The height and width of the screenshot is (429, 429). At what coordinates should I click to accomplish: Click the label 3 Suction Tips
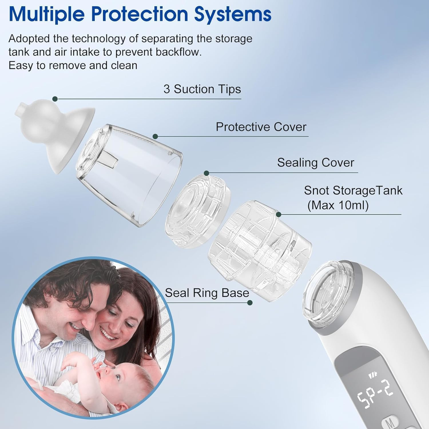[x=202, y=89]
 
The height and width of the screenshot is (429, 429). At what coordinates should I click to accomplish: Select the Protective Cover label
[x=261, y=127]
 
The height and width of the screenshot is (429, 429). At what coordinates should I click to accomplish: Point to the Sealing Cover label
[x=315, y=163]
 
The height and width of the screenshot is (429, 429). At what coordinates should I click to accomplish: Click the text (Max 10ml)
[x=338, y=205]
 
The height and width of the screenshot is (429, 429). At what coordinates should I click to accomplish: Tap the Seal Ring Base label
[x=207, y=293]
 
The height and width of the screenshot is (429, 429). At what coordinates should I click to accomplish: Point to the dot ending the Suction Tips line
[x=55, y=99]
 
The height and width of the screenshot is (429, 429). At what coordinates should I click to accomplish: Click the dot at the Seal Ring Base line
[x=250, y=303]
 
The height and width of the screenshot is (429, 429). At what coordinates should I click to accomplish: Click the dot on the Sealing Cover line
[x=206, y=173]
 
